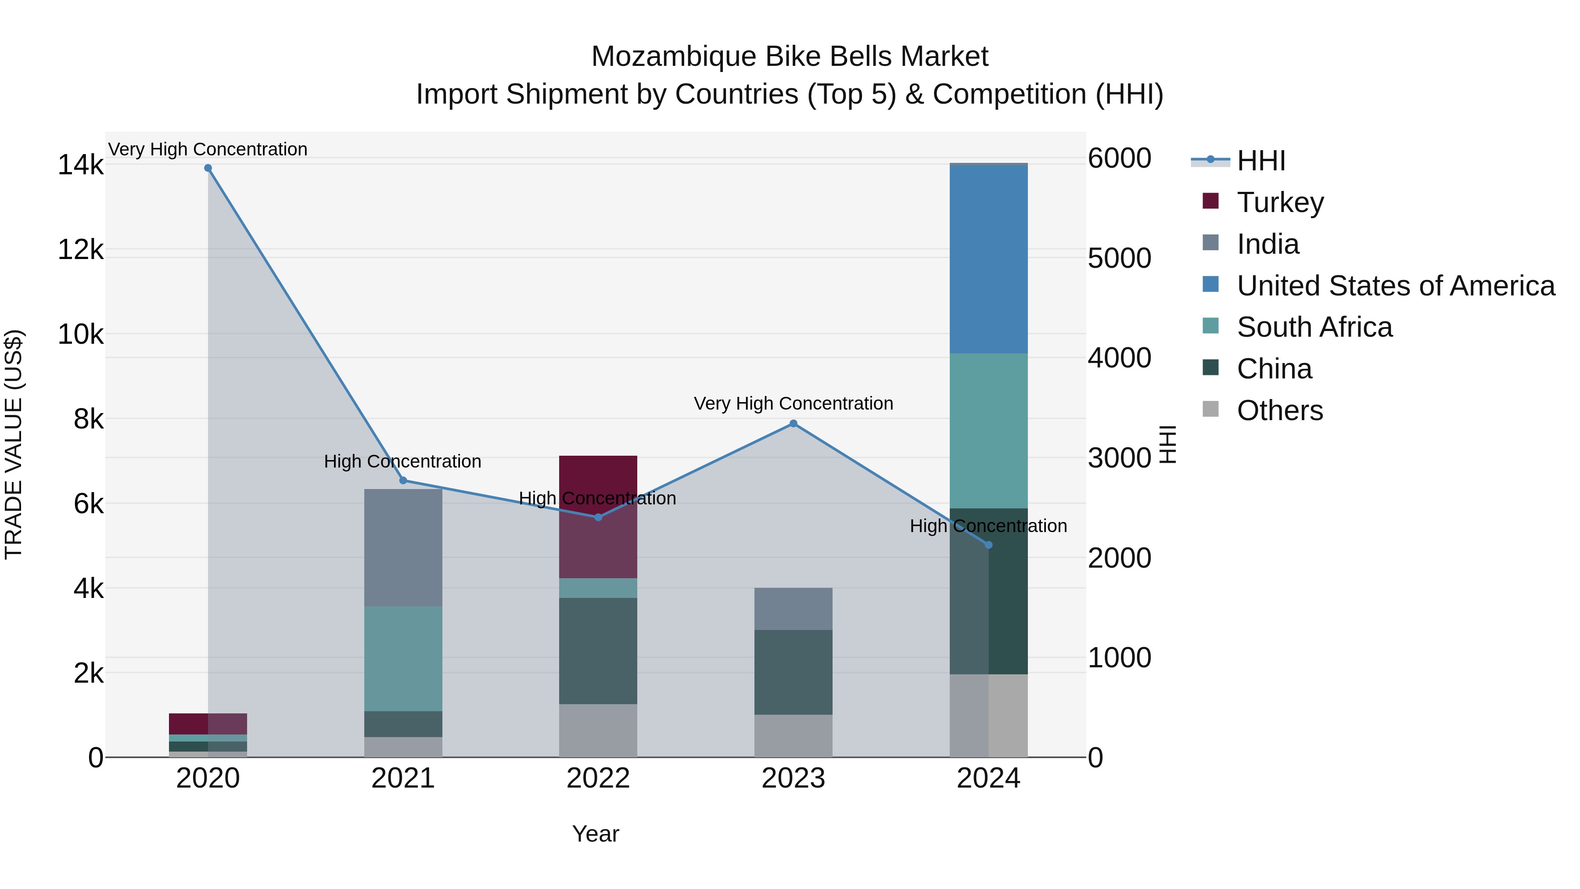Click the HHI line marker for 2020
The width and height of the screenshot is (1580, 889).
(208, 168)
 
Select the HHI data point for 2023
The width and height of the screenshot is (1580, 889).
(793, 423)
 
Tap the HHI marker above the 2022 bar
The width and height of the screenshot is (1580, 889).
(599, 517)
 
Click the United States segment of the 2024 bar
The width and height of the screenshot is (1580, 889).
(988, 259)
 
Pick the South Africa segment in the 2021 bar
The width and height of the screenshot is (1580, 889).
(403, 659)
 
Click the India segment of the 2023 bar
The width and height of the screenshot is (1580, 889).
(793, 608)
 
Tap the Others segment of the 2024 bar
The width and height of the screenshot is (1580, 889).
(988, 716)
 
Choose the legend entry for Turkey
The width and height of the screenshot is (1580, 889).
(1280, 202)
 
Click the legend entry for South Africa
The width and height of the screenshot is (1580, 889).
(1314, 327)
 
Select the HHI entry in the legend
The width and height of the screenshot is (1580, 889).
(1260, 161)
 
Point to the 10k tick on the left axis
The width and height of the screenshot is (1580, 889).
(80, 335)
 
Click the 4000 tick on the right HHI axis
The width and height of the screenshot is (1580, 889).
(1119, 358)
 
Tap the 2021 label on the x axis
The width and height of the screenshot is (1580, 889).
(403, 778)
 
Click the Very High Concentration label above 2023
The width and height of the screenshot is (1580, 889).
(793, 404)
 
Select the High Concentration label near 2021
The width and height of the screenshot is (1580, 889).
(402, 461)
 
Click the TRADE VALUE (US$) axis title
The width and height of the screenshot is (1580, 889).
(14, 444)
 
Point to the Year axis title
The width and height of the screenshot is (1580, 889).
(596, 834)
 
